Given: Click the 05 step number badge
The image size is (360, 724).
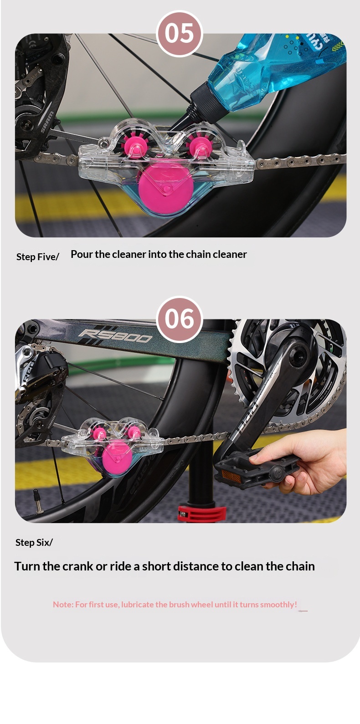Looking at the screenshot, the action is (x=180, y=34).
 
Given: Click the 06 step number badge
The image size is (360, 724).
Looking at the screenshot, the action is (x=180, y=319).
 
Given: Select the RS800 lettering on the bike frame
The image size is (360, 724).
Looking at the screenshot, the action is (x=115, y=336).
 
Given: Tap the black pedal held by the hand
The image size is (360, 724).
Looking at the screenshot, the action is (x=255, y=467).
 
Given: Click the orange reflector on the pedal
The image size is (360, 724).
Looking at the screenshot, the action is (x=231, y=476).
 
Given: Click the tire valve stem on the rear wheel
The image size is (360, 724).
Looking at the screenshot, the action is (x=38, y=501).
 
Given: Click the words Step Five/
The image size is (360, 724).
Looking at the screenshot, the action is (x=38, y=257).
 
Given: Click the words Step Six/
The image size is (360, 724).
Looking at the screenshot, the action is (x=34, y=542).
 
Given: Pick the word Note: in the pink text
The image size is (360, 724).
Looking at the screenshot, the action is (x=63, y=605).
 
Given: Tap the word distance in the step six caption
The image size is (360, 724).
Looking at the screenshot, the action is (x=196, y=566).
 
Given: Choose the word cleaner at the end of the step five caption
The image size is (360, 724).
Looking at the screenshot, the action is (x=230, y=254).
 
